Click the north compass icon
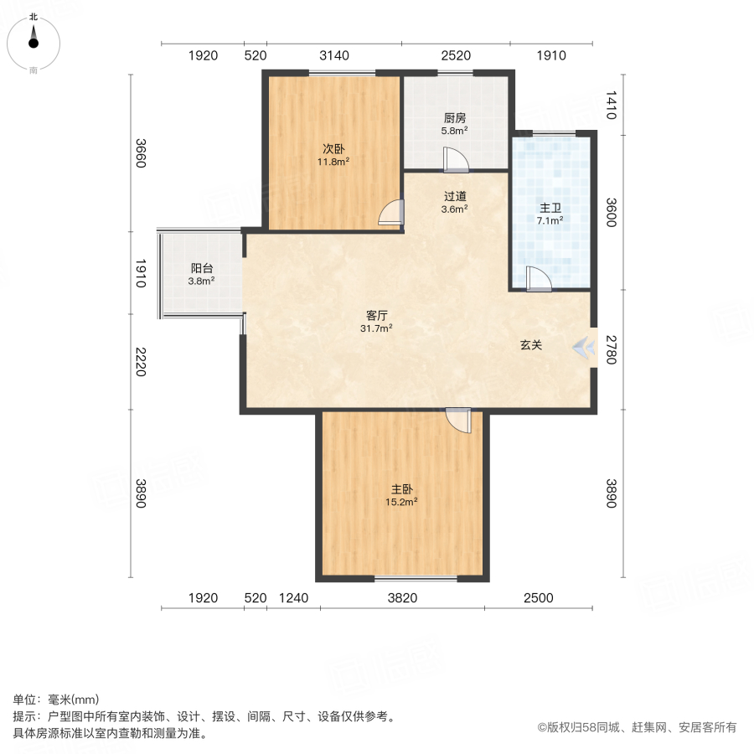[34, 43]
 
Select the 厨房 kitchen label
[455, 118]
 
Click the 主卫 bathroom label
[550, 208]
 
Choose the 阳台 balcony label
[201, 268]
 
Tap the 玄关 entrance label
[529, 345]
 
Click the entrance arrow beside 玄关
[581, 346]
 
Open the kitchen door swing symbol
[456, 159]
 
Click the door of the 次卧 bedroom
[390, 214]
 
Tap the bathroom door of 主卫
[538, 278]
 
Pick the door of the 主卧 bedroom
[459, 419]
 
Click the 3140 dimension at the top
[333, 56]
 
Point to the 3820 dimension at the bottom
[402, 598]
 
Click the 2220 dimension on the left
[140, 362]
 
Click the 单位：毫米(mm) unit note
[56, 700]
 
